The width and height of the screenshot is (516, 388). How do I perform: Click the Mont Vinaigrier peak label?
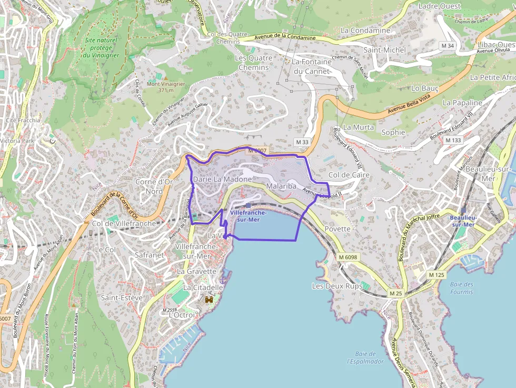pos(166,87)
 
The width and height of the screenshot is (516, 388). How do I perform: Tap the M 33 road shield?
pos(302,142)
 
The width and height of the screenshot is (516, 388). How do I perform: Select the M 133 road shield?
pos(453,140)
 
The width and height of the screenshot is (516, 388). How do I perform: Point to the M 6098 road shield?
pos(348,257)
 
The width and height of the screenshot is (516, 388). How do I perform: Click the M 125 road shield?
pos(436,275)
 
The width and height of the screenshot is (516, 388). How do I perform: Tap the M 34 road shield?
pos(448,46)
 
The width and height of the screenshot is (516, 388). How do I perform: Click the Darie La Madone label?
pos(222,179)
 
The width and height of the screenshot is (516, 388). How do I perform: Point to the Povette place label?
pos(338,228)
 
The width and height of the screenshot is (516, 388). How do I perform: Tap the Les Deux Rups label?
pos(337,286)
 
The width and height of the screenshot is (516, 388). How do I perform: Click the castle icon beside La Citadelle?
pos(209,299)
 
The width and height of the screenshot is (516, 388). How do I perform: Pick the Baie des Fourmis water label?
pos(462,288)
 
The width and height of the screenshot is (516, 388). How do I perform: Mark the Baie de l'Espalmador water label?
pos(365,357)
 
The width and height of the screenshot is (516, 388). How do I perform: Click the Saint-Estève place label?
pos(122,297)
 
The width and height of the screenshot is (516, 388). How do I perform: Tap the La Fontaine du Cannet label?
pos(312,66)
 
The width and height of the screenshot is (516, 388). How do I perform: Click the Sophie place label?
pos(393,132)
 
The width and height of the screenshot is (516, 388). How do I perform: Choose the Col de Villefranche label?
pos(124,223)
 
